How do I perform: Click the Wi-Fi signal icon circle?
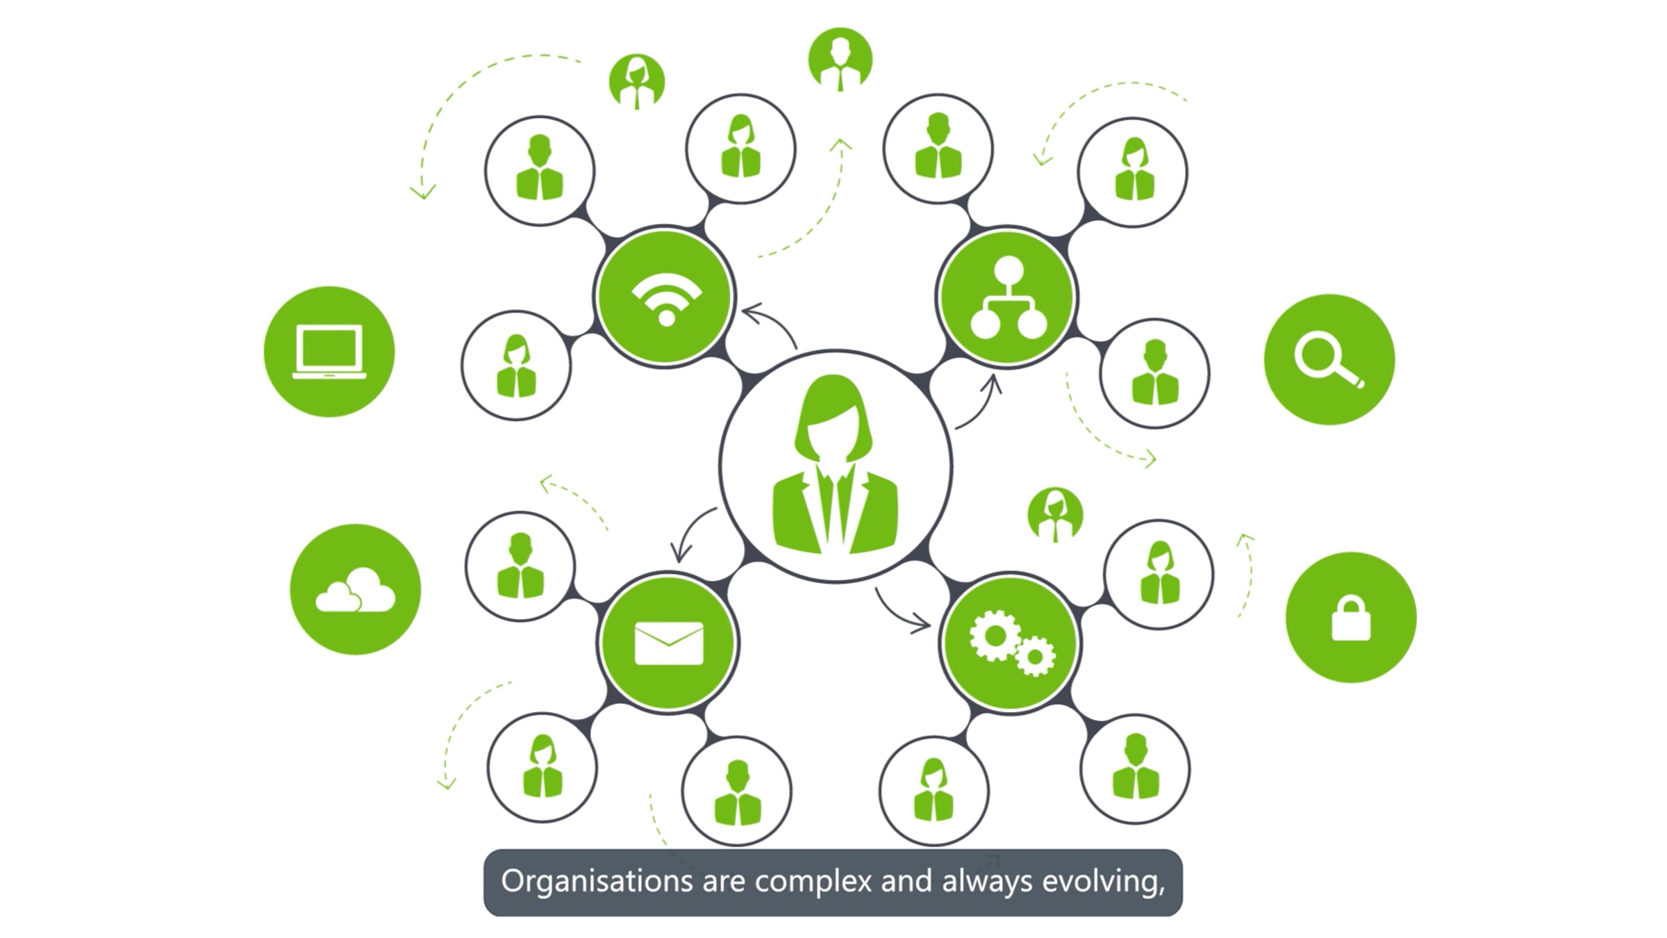(x=665, y=296)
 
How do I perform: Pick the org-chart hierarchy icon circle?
(x=1006, y=297)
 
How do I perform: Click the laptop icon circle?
(x=329, y=352)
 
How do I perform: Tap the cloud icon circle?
(x=356, y=589)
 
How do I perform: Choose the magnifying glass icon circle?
(x=1329, y=359)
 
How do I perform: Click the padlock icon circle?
(x=1351, y=617)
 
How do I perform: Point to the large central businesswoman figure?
(x=836, y=464)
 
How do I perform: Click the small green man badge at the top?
(x=840, y=60)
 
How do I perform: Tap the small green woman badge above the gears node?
(x=1055, y=515)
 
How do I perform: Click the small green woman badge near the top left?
(x=637, y=82)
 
